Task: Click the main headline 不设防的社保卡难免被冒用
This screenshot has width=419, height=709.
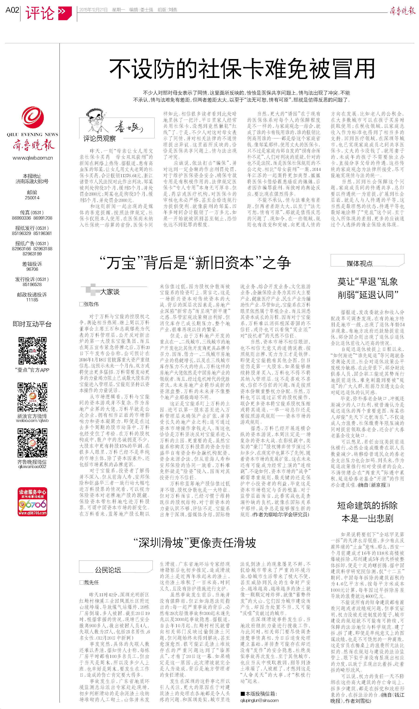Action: click(242, 69)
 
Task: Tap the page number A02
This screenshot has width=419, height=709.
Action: click(12, 10)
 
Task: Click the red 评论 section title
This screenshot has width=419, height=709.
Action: click(40, 13)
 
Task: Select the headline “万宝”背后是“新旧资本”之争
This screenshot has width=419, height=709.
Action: click(195, 263)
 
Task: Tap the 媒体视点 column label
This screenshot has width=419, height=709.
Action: click(360, 263)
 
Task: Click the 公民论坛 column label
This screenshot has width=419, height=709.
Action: click(108, 570)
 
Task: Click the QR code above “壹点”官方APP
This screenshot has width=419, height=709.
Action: click(32, 351)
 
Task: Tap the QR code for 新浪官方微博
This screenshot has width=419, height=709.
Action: click(32, 397)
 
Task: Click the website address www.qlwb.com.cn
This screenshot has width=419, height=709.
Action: click(33, 158)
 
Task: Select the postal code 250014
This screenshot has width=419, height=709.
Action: click(32, 198)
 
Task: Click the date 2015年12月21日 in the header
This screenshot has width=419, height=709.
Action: click(93, 10)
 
